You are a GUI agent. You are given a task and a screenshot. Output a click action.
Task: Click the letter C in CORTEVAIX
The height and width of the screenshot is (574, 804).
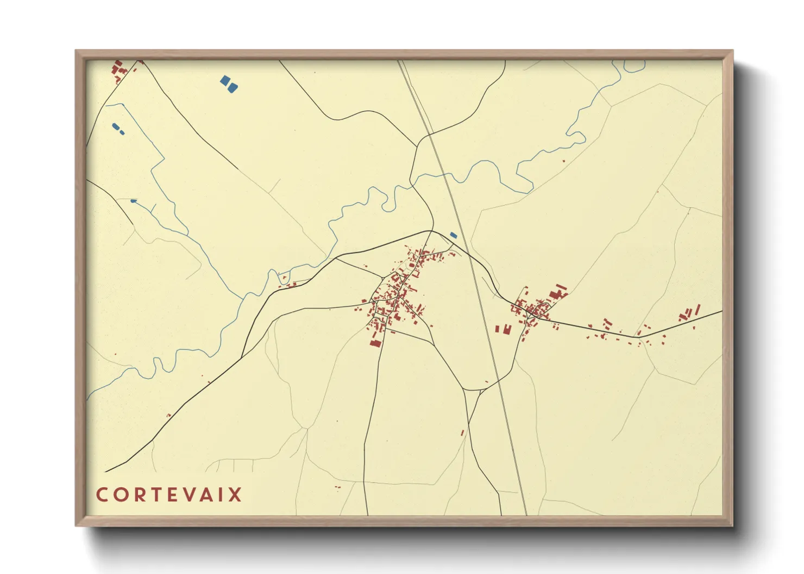point(102,495)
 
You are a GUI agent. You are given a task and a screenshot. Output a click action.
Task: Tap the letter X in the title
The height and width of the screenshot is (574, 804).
point(235,495)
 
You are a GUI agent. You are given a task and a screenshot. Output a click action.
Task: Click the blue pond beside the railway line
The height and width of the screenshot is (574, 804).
point(454,235)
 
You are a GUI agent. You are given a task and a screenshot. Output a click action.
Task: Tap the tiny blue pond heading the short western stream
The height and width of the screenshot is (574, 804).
point(134,201)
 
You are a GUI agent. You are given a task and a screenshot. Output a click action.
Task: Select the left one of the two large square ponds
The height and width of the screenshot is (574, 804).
point(224,81)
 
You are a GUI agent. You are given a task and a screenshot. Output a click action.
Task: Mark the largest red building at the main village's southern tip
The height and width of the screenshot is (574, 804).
point(375,343)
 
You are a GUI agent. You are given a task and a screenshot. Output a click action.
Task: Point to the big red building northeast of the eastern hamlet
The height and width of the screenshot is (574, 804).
point(555,295)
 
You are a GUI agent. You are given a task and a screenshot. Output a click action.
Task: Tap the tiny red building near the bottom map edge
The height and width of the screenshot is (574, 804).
point(337,487)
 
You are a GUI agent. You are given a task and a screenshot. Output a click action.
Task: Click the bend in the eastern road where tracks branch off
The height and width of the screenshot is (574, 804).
point(639,337)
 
